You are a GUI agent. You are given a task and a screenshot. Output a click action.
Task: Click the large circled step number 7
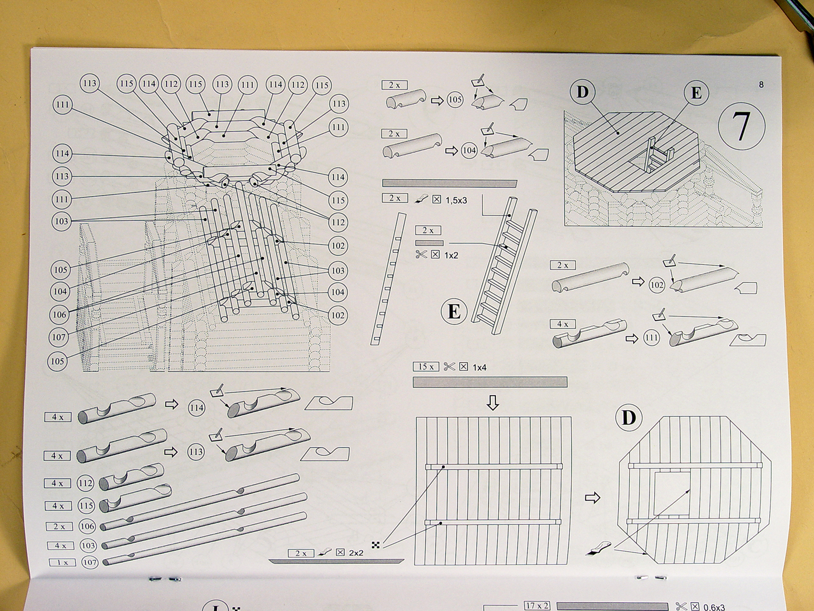pyautogui.click(x=741, y=126)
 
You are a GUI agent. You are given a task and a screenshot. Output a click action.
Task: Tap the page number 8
pyautogui.click(x=761, y=84)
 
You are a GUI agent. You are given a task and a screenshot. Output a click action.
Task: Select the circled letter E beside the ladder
pyautogui.click(x=454, y=312)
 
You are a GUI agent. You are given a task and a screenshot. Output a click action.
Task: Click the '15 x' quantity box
pyautogui.click(x=426, y=367)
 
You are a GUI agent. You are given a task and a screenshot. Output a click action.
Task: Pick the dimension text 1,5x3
pyautogui.click(x=456, y=201)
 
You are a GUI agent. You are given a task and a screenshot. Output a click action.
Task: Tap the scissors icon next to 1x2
pyautogui.click(x=422, y=254)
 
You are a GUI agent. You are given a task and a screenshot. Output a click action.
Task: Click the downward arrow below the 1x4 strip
pyautogui.click(x=492, y=402)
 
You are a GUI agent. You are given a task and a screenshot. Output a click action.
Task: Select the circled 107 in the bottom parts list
pyautogui.click(x=90, y=562)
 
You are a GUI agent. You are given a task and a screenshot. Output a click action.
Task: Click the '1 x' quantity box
pyautogui.click(x=62, y=563)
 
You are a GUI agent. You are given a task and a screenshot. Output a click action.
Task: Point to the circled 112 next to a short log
pyautogui.click(x=85, y=484)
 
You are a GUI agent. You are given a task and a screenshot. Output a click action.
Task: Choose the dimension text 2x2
pyautogui.click(x=356, y=553)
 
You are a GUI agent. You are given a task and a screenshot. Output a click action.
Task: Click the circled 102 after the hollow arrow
pyautogui.click(x=657, y=285)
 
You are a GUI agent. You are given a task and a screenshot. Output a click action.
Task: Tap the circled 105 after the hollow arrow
pyautogui.click(x=455, y=100)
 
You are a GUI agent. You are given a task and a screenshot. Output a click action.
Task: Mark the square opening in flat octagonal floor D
pyautogui.click(x=672, y=493)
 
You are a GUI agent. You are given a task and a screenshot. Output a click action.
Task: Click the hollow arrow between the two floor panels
pyautogui.click(x=592, y=498)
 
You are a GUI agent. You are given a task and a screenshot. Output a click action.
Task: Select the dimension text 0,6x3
pyautogui.click(x=714, y=607)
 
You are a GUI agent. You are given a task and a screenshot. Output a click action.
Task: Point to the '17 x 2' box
pyautogui.click(x=537, y=606)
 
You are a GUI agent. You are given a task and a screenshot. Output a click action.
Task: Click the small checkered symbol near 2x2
pyautogui.click(x=376, y=545)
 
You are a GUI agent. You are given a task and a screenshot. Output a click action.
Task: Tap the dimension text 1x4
pyautogui.click(x=480, y=368)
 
